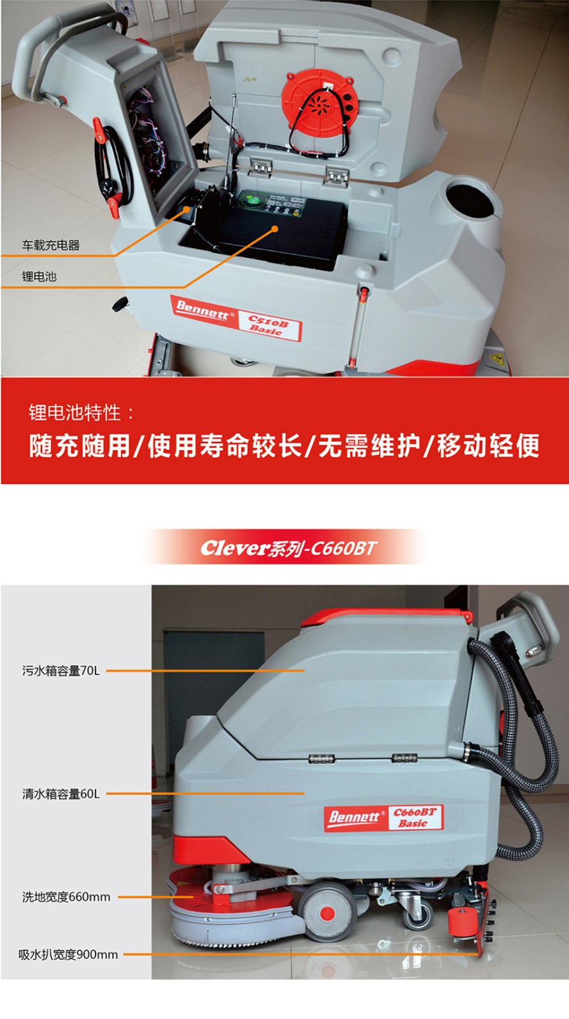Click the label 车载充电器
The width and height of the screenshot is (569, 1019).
(50, 245)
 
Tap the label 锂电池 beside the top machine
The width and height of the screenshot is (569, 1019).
(39, 276)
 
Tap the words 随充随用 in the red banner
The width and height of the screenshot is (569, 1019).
(80, 445)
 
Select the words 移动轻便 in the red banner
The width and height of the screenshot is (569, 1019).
(489, 445)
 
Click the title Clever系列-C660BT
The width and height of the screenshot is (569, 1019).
(288, 548)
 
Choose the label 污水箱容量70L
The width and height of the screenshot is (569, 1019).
(61, 671)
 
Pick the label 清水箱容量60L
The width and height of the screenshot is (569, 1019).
(61, 794)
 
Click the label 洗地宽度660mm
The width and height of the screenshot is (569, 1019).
(66, 897)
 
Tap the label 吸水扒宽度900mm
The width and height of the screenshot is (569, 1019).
(68, 954)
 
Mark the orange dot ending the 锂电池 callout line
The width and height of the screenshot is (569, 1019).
(274, 229)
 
